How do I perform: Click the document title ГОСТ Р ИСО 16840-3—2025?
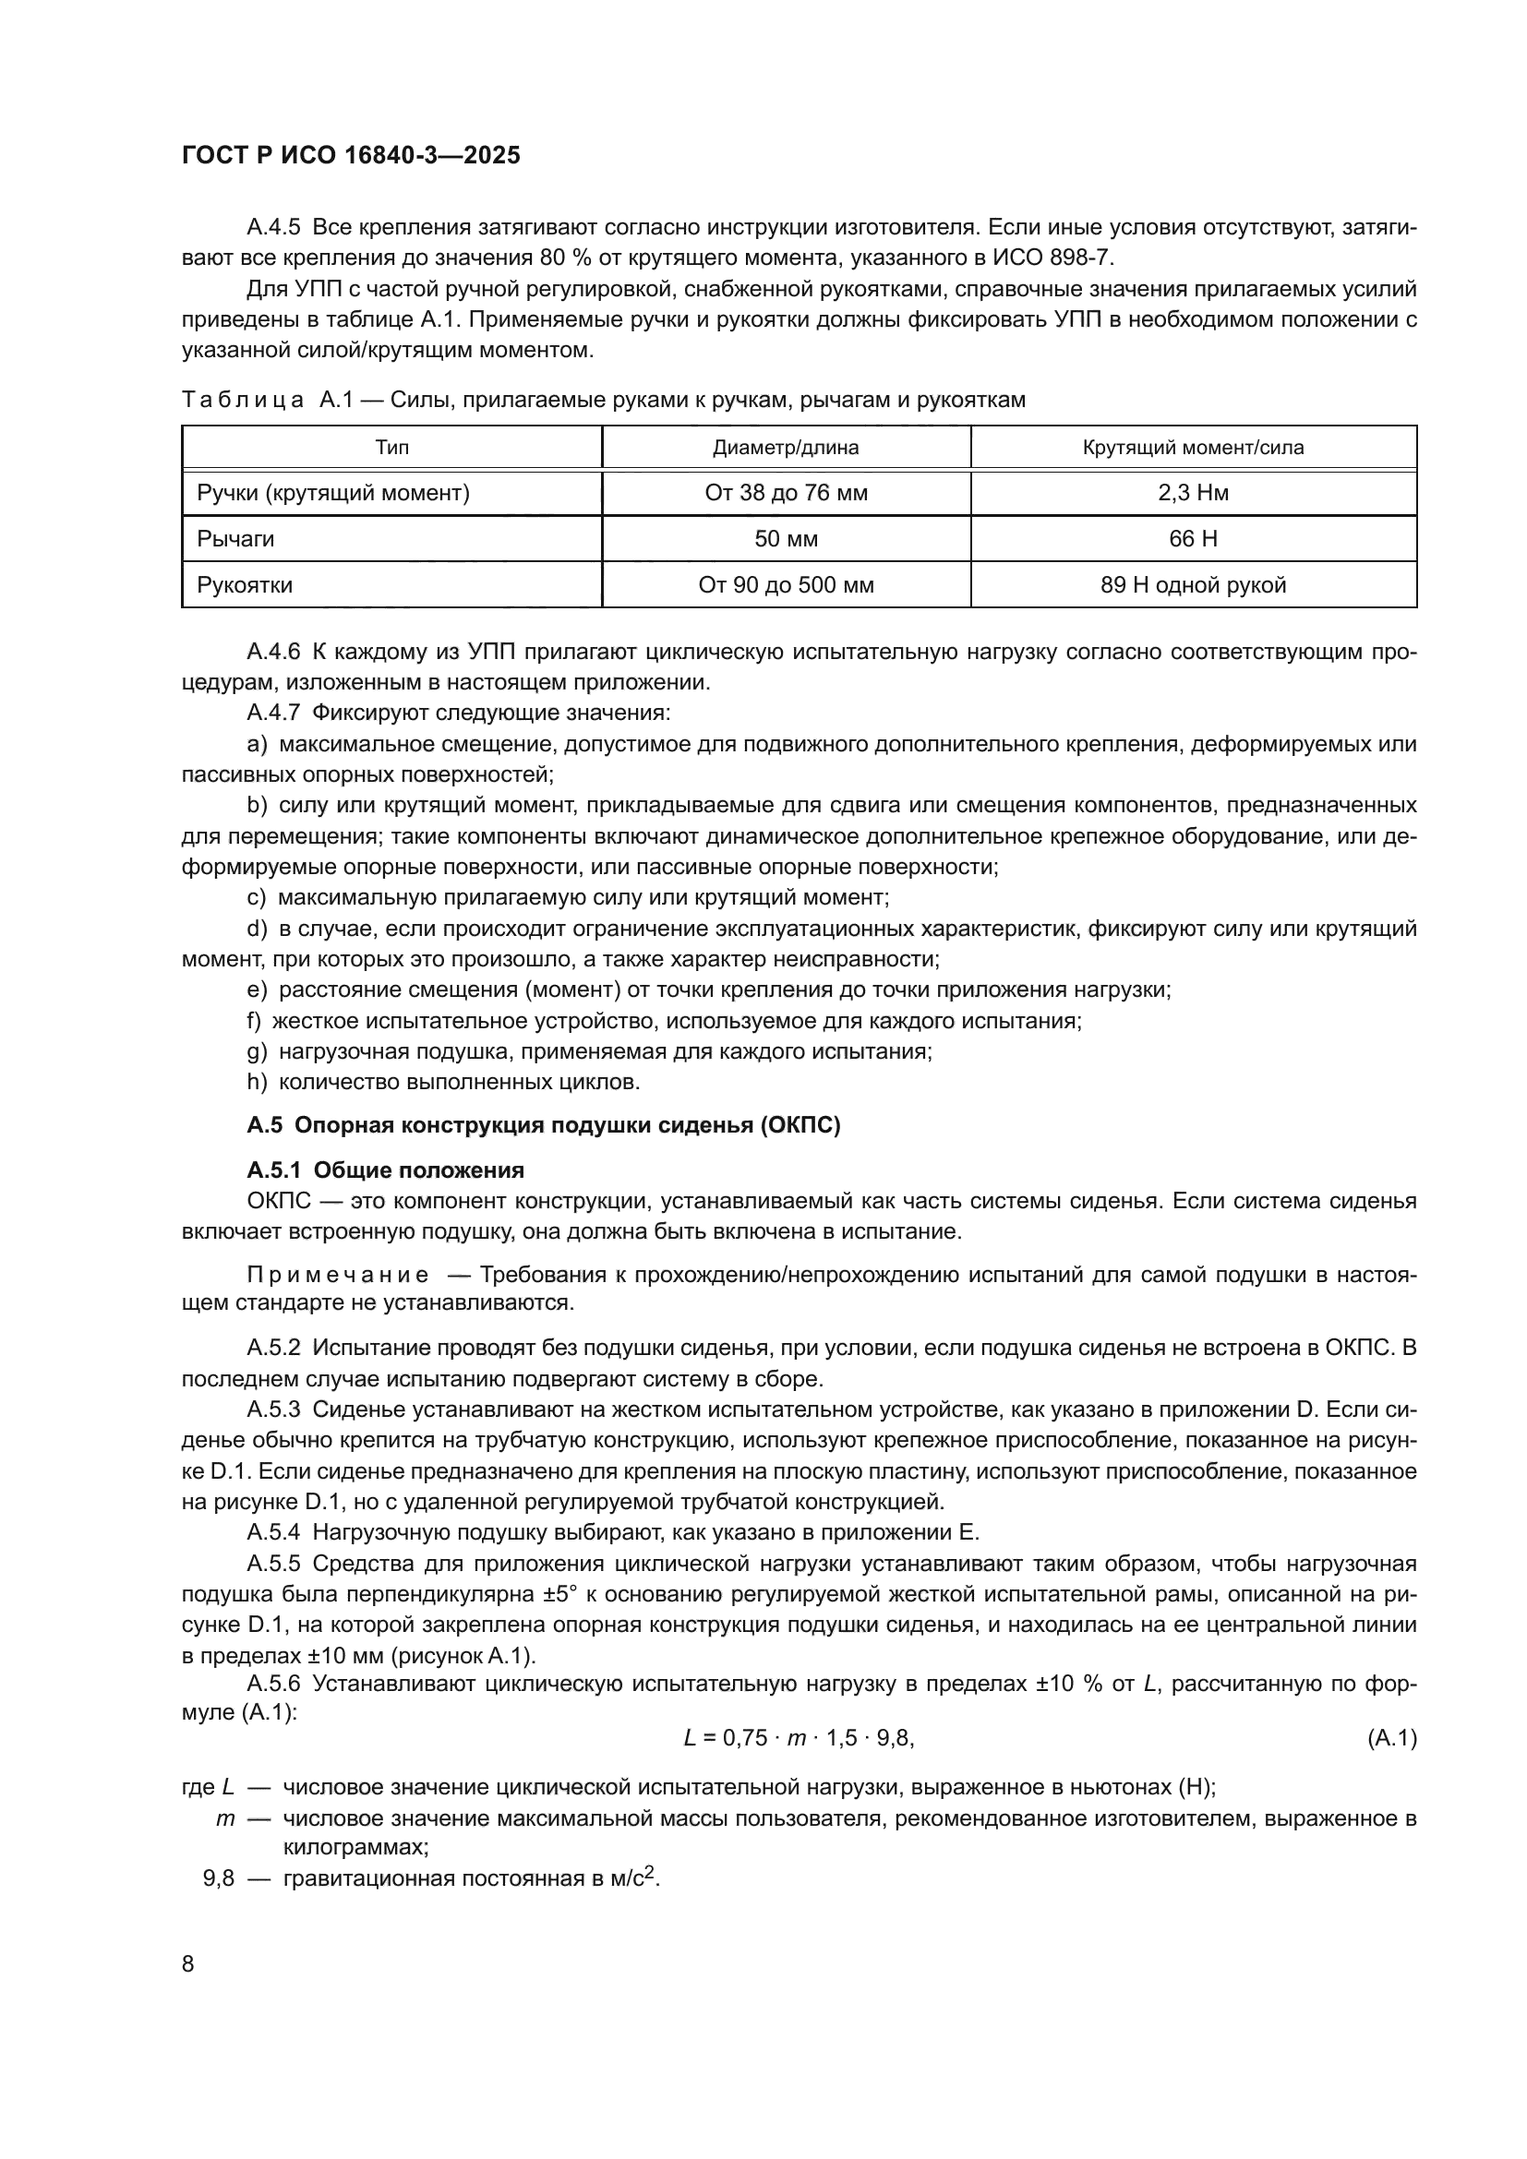[x=351, y=156]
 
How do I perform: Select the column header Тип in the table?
[x=391, y=448]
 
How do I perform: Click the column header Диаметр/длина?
[x=785, y=448]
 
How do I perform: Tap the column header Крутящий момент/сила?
[x=1192, y=448]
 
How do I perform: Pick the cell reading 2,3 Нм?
[x=1192, y=493]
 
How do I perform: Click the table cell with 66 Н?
[x=1192, y=539]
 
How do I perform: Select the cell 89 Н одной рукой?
[x=1192, y=585]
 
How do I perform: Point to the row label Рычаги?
[x=235, y=539]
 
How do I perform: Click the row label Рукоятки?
[x=245, y=585]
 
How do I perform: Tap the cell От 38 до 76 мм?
[x=785, y=493]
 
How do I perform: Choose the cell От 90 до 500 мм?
[x=785, y=585]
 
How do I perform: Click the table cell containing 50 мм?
[x=785, y=539]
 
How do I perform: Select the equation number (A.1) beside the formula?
[x=1390, y=1739]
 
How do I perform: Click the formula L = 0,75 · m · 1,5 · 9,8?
[x=799, y=1739]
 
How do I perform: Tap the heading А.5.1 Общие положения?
[x=385, y=1170]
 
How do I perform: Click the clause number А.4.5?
[x=272, y=228]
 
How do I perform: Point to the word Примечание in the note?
[x=338, y=1275]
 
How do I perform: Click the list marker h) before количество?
[x=257, y=1083]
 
